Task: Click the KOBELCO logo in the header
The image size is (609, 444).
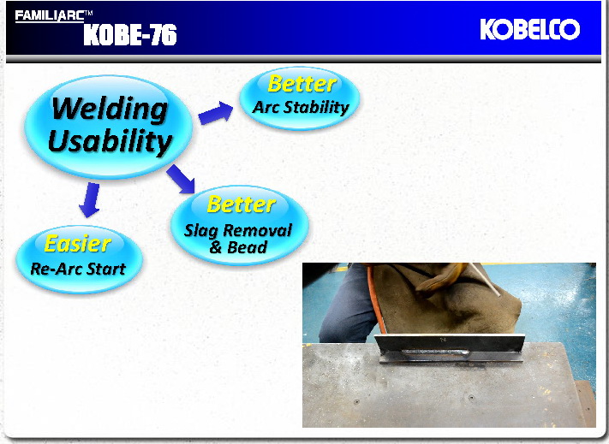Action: tap(529, 30)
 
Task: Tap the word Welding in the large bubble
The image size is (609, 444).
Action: tap(109, 109)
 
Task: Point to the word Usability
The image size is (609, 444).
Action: tap(110, 139)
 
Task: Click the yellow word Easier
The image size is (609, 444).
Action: tap(77, 244)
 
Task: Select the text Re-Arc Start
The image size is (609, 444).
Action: tap(72, 269)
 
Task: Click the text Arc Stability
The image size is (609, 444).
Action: tap(301, 108)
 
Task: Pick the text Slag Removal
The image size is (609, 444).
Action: tap(238, 230)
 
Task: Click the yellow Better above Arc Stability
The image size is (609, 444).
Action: tap(301, 84)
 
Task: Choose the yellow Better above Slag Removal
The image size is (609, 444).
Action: tap(241, 204)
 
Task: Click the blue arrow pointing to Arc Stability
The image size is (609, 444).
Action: tap(216, 112)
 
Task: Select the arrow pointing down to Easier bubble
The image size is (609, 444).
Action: tap(88, 199)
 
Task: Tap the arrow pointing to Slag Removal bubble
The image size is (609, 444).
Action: tap(182, 179)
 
